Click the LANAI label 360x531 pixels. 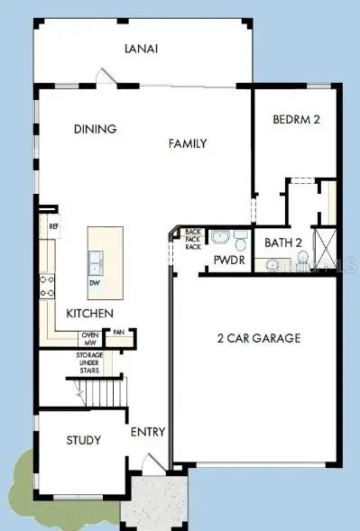(142, 50)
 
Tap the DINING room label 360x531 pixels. (95, 129)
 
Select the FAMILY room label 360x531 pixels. (188, 143)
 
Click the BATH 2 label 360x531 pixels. (282, 243)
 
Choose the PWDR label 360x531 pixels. (225, 261)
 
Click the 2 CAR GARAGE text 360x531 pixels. (259, 339)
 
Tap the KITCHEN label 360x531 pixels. (89, 313)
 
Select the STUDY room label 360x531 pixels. (83, 440)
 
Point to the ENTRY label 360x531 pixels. (147, 432)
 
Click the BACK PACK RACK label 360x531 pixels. (193, 239)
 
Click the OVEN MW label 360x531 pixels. (90, 339)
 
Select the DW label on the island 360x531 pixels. (95, 282)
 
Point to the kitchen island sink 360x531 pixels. (95, 262)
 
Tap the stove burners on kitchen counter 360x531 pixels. (47, 286)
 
